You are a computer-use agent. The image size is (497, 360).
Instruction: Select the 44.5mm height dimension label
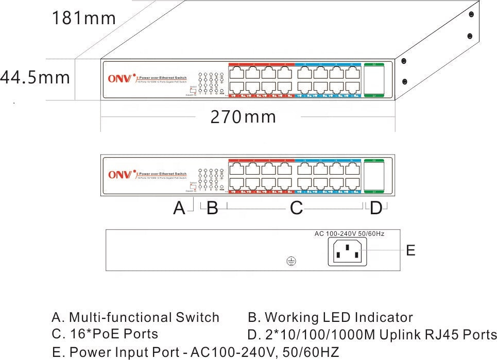click(x=35, y=78)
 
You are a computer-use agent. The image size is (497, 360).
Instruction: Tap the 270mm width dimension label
click(x=243, y=117)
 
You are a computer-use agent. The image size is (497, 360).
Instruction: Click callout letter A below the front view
click(x=179, y=209)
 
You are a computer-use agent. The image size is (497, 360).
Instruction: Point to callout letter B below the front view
click(x=212, y=209)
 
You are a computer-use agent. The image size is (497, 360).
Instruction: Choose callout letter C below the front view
click(x=296, y=209)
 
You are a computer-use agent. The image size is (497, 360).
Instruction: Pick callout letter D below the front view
click(x=376, y=209)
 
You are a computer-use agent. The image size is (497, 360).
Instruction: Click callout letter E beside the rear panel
click(x=410, y=251)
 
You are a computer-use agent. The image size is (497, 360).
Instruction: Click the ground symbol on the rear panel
click(x=290, y=262)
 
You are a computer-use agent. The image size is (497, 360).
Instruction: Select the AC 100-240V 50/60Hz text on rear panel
click(x=350, y=234)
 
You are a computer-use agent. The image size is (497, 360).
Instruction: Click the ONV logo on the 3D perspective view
click(x=120, y=79)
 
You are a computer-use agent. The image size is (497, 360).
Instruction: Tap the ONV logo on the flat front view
click(x=120, y=175)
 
